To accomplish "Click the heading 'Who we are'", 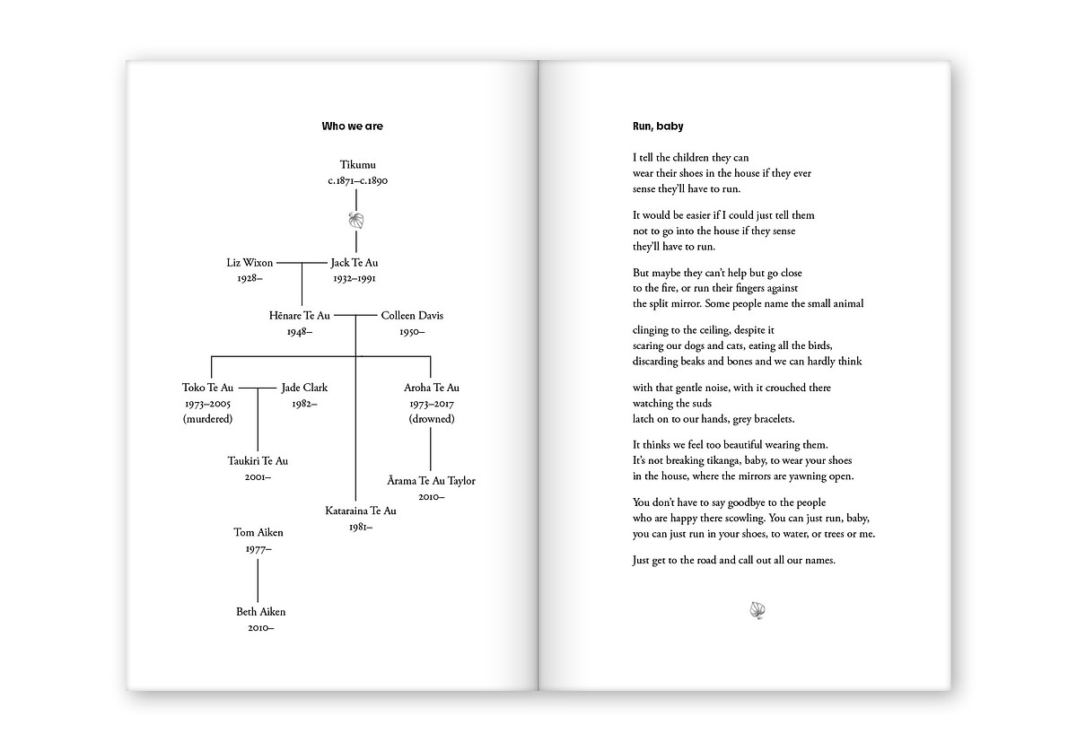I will [352, 127].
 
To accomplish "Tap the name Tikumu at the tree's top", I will [357, 164].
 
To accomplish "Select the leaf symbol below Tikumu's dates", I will [356, 221].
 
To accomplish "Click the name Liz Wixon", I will [250, 263].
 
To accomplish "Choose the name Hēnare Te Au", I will [300, 316].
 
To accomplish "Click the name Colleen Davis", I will [412, 316].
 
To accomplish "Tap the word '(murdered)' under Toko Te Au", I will [207, 419].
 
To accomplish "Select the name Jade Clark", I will [304, 388].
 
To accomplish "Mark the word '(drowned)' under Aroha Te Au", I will [432, 419].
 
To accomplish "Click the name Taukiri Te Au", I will [258, 461].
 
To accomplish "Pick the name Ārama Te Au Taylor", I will [432, 481].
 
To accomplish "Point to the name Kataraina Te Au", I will [361, 511].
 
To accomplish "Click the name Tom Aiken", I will [258, 533].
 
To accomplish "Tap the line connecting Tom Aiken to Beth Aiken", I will [258, 580].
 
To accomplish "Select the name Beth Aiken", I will [260, 612].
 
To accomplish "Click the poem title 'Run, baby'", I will [658, 127].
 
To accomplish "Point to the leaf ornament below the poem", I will [756, 611].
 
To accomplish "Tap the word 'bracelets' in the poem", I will [770, 419].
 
